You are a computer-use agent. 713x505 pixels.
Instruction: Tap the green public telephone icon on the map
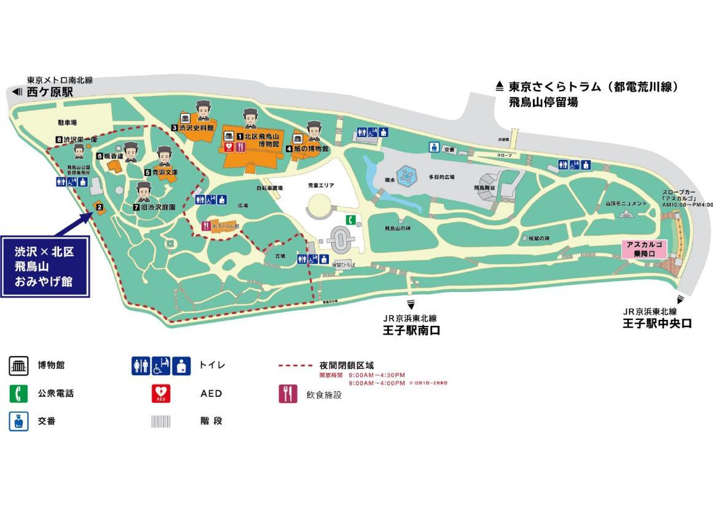point(349,220)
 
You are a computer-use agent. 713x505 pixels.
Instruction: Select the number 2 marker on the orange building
point(98,207)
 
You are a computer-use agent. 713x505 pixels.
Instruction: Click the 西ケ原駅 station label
point(49,92)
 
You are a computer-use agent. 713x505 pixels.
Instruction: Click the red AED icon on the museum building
point(229,147)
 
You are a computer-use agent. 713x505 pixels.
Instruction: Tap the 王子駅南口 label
point(411,330)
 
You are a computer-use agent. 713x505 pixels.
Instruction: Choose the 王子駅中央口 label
point(656,323)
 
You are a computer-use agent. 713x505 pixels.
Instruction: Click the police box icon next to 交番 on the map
point(434,148)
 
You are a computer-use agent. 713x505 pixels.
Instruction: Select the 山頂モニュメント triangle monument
point(627,213)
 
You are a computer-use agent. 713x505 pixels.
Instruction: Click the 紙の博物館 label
point(312,149)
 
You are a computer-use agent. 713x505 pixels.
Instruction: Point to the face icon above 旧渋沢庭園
point(143,191)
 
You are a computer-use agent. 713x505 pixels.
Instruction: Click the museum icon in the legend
point(18,365)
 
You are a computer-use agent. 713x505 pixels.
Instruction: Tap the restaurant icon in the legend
point(288,394)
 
